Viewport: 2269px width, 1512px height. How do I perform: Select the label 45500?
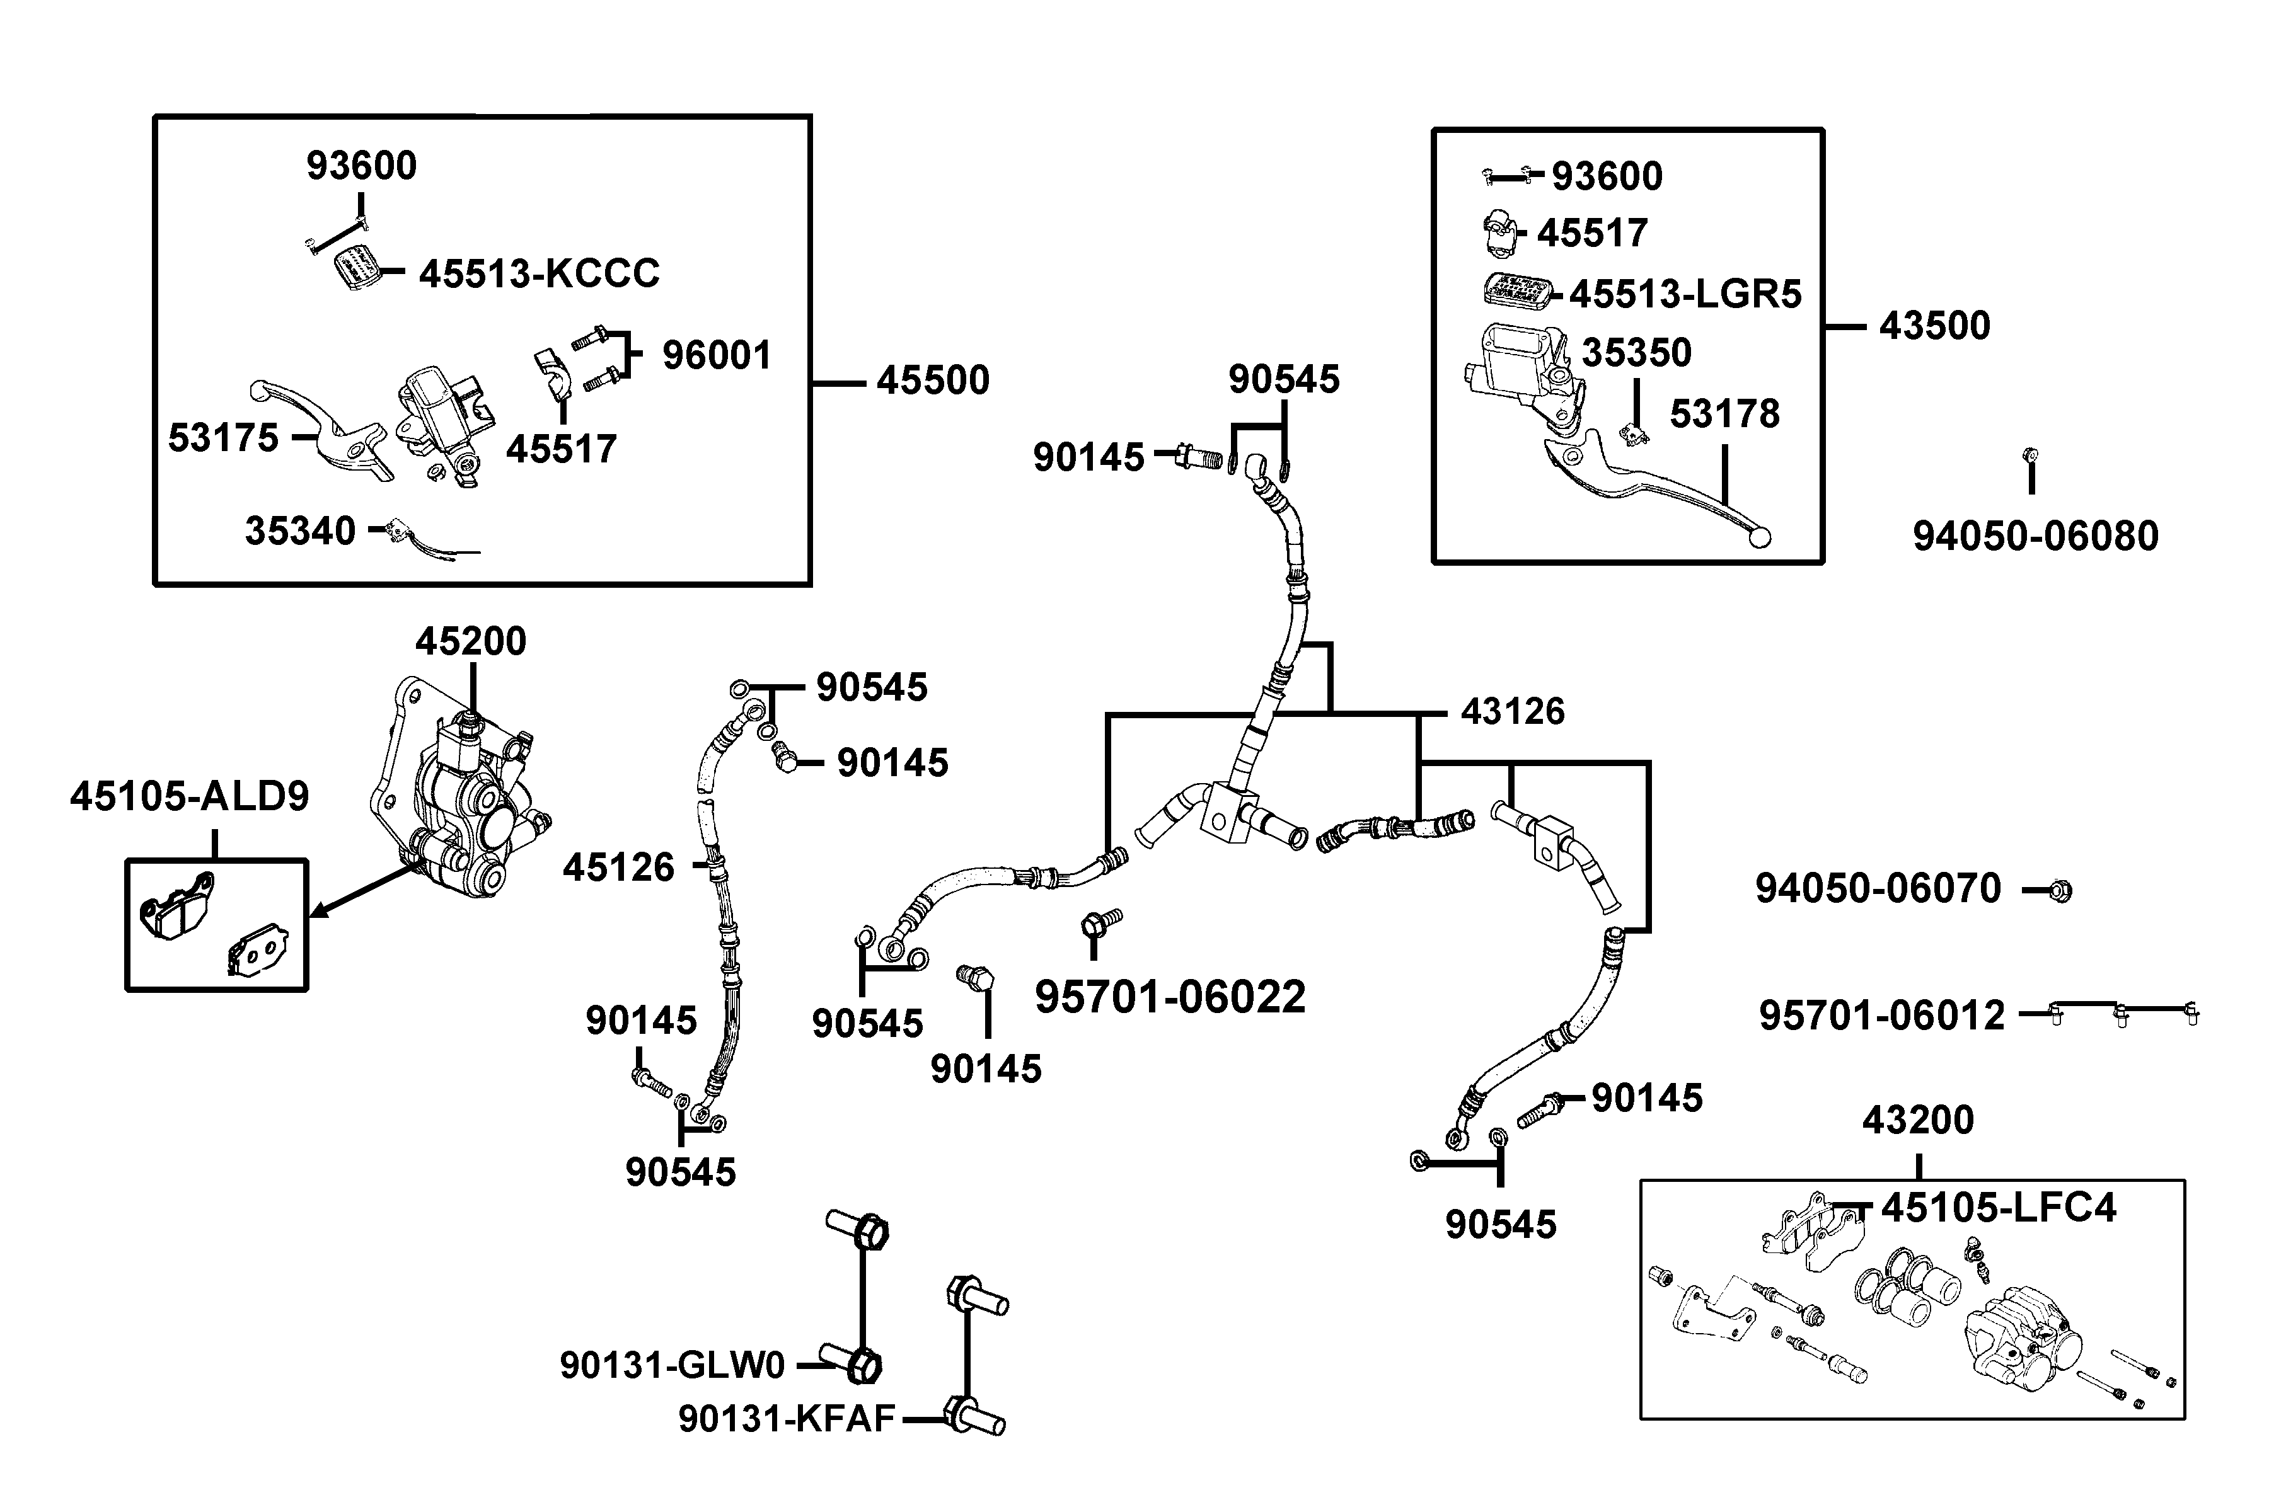click(x=932, y=381)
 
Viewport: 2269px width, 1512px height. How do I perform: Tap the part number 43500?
click(x=1934, y=326)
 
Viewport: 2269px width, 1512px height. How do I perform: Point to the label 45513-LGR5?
click(x=1684, y=294)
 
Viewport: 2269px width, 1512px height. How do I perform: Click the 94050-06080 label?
click(x=2036, y=536)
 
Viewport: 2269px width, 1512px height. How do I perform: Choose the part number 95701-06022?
click(x=1169, y=997)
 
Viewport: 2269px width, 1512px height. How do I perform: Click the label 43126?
click(x=1511, y=712)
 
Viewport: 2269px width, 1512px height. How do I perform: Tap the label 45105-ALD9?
click(x=189, y=796)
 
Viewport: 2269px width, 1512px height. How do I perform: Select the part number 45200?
click(x=471, y=641)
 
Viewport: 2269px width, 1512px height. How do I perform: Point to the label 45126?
click(x=618, y=868)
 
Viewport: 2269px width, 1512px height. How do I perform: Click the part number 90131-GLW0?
click(x=673, y=1365)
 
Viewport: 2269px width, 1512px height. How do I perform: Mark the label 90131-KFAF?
click(x=786, y=1419)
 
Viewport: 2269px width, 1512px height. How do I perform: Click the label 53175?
click(x=223, y=438)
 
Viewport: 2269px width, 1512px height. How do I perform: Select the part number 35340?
click(x=300, y=531)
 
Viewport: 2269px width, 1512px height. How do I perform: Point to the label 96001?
click(x=716, y=356)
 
